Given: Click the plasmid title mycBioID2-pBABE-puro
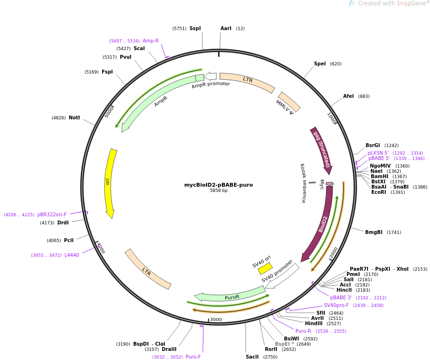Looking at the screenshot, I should tap(219, 185).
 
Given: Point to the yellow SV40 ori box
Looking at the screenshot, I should tap(265, 268).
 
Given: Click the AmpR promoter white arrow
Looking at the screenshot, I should tap(210, 76).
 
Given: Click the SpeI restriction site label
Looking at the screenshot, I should tap(320, 64).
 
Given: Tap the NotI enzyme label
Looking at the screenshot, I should tap(74, 117).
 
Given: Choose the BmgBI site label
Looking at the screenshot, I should tap(374, 233).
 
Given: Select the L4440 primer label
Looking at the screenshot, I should tap(72, 255).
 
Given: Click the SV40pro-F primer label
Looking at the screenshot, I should tap(336, 306).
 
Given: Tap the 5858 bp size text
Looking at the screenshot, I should tap(219, 191).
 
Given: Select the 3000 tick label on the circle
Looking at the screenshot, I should tap(216, 319).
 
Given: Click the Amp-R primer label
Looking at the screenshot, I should tap(150, 41).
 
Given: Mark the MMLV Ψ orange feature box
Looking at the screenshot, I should tap(289, 102).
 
